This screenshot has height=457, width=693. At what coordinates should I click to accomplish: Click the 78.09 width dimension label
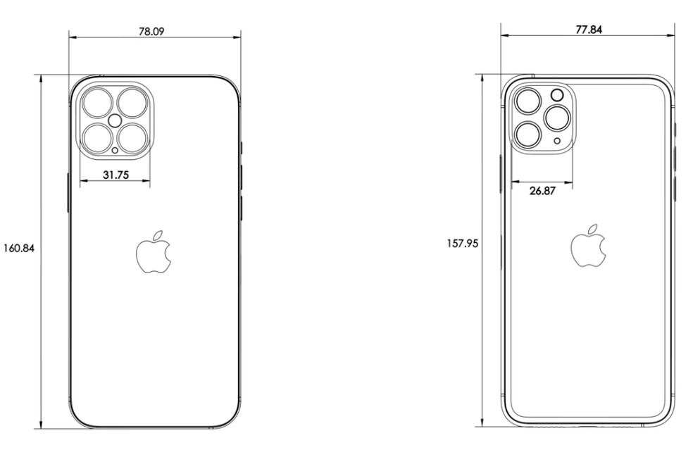click(x=155, y=31)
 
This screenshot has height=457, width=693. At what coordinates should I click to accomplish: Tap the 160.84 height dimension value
click(x=19, y=248)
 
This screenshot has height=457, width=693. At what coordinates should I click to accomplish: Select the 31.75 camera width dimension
click(x=115, y=175)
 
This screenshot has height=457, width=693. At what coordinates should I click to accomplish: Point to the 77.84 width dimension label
click(x=587, y=30)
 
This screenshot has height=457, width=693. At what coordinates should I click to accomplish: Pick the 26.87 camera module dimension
click(x=542, y=190)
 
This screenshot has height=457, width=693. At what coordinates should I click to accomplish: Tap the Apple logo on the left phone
click(x=154, y=251)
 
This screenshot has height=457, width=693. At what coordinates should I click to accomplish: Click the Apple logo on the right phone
click(x=588, y=246)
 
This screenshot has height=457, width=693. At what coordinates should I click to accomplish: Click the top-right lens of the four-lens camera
click(x=132, y=103)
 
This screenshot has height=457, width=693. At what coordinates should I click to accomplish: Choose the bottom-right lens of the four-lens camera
click(x=132, y=137)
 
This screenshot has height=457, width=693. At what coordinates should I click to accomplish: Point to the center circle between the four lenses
click(x=115, y=120)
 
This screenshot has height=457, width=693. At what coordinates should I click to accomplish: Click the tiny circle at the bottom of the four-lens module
click(x=115, y=149)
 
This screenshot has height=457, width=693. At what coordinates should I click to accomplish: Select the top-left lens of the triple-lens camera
click(x=527, y=103)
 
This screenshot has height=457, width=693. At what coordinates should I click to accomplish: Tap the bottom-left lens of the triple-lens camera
click(x=527, y=132)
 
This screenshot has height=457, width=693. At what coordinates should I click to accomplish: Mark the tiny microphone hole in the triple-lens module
click(x=558, y=141)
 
